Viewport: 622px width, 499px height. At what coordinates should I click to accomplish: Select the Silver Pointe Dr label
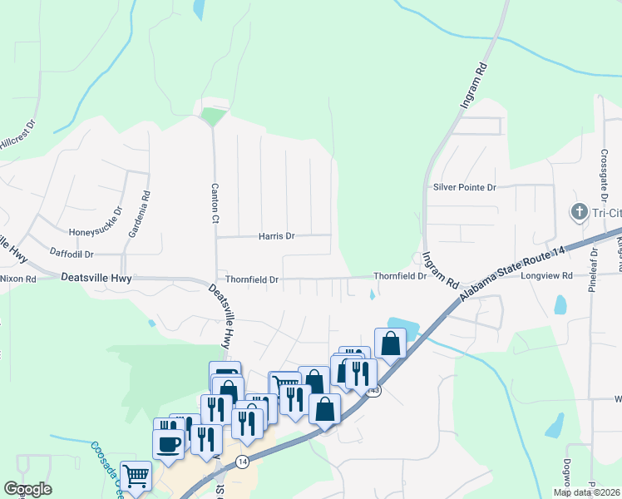point(464,188)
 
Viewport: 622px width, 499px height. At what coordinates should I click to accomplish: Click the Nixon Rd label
point(17,279)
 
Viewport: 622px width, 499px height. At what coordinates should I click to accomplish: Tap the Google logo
point(27,489)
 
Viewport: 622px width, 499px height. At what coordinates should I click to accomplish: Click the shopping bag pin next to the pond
point(390,343)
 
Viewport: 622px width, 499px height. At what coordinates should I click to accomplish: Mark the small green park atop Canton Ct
point(213,116)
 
